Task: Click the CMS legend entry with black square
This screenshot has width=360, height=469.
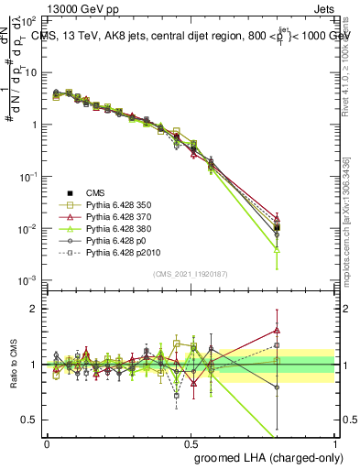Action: [x=95, y=192]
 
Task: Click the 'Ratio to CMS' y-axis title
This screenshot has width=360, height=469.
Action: [x=16, y=364]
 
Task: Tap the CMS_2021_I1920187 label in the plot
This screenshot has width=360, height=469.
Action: [x=191, y=274]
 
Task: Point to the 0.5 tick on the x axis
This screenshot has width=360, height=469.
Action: [x=191, y=442]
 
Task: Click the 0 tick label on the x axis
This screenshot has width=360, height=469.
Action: [x=47, y=442]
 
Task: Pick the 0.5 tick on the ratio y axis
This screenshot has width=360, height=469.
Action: [x=32, y=420]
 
